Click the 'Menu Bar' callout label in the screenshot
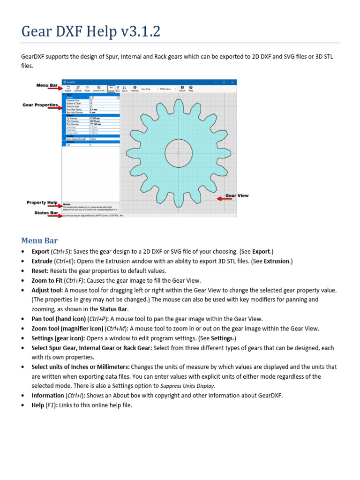[x=47, y=85]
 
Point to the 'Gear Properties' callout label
[x=40, y=105]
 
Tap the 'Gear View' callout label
[x=237, y=195]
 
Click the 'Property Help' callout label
[x=42, y=202]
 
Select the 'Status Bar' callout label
[x=46, y=213]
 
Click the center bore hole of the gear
[x=179, y=153]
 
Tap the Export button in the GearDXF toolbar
[x=67, y=88]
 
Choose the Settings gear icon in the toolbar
[x=135, y=88]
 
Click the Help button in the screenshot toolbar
[x=191, y=88]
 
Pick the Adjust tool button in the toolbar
[x=111, y=88]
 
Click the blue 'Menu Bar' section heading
[x=39, y=241]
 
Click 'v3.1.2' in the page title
[x=141, y=32]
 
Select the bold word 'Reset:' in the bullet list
[x=40, y=271]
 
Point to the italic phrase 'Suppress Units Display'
[x=187, y=386]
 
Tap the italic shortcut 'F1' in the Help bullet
[x=51, y=405]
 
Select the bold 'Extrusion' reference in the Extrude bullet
[x=277, y=261]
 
